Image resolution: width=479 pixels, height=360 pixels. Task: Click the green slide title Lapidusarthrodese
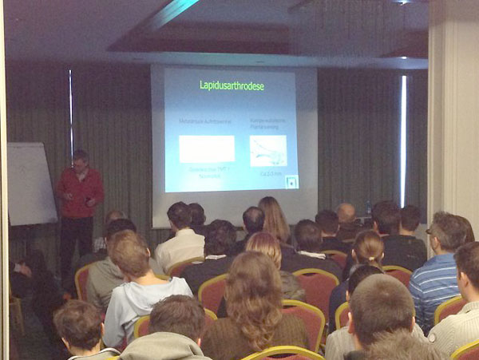[231, 85]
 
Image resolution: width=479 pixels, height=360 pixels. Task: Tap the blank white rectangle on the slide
[207, 148]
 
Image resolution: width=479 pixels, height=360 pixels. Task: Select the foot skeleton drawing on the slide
[268, 148]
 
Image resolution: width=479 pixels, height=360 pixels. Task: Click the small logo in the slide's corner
[292, 181]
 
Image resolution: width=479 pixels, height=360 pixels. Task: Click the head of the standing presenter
[81, 159]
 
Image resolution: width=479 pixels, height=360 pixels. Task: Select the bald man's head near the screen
[346, 213]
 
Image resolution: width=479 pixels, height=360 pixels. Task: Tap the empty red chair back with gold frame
[316, 287]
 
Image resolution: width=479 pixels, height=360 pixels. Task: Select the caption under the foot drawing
[269, 172]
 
